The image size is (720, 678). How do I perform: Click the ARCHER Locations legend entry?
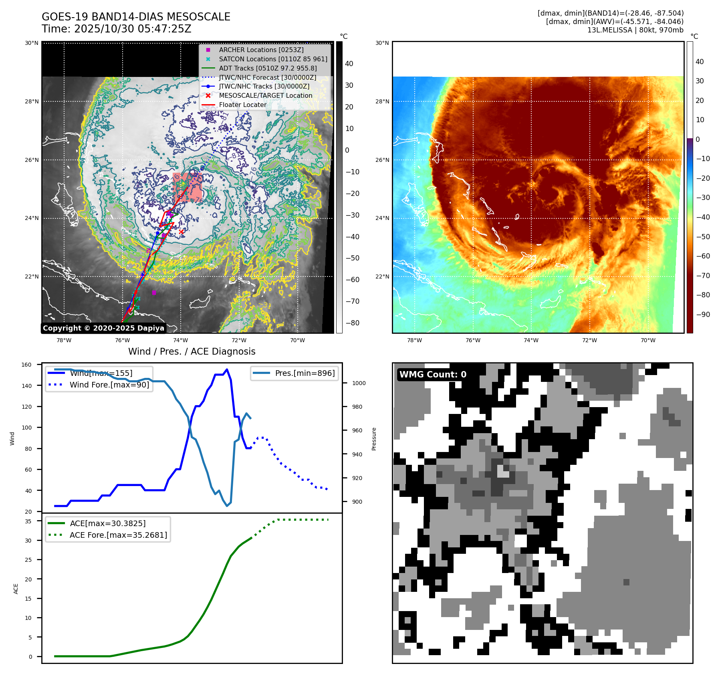pos(261,50)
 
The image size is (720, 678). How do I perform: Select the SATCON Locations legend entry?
pos(273,59)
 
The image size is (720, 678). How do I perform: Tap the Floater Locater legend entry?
pos(242,105)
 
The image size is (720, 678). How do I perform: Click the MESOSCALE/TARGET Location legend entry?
pos(265,95)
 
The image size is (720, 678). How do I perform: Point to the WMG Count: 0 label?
pos(433,374)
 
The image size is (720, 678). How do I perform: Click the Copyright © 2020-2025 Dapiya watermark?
pos(103,328)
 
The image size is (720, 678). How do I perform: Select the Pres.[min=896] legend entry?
pos(305,373)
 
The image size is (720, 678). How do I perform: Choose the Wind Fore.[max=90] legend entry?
pos(109,385)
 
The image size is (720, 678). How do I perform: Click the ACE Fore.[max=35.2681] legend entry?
pos(118,535)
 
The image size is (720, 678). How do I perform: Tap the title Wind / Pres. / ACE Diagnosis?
pos(192,351)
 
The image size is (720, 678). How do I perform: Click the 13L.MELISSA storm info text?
pos(635,30)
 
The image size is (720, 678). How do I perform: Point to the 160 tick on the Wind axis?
pos(26,365)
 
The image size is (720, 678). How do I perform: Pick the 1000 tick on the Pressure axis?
pos(359,383)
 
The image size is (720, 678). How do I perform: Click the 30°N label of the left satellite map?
pos(32,43)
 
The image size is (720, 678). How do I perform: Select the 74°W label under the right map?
pos(531,340)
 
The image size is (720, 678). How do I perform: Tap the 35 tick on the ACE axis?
pos(28,521)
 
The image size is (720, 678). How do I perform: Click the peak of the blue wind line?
pos(227,369)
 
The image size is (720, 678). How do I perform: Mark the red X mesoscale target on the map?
pos(181,232)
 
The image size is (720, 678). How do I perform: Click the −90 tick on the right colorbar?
pos(703,314)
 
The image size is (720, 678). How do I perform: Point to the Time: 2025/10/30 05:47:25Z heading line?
pos(116,29)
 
